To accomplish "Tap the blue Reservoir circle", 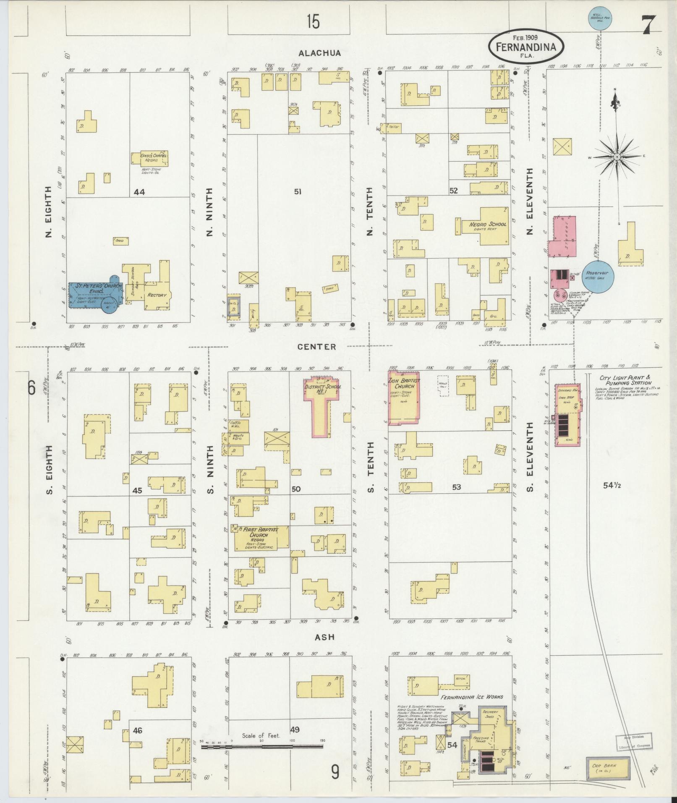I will click(x=597, y=275).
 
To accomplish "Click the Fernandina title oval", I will click(x=526, y=47).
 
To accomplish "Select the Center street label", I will click(x=317, y=347).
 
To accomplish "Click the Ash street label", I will click(x=325, y=649).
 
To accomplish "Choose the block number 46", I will click(x=138, y=731).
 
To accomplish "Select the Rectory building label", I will click(x=157, y=295).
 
